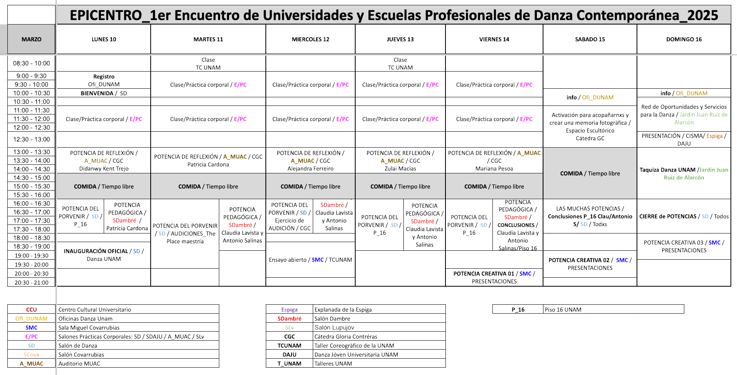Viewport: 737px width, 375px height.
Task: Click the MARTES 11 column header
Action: click(208, 39)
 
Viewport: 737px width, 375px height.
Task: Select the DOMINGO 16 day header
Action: click(684, 39)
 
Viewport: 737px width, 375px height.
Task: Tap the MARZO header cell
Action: click(31, 39)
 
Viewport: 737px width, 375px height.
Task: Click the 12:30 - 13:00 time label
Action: click(31, 139)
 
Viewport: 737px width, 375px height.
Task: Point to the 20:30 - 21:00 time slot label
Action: click(31, 283)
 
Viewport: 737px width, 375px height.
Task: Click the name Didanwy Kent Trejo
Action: click(104, 168)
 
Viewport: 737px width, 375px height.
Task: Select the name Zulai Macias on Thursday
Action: click(400, 168)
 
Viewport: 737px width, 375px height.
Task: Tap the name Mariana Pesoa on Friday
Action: click(494, 168)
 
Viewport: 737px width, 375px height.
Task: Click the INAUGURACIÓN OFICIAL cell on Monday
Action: click(104, 255)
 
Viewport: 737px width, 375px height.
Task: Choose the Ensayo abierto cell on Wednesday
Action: click(310, 260)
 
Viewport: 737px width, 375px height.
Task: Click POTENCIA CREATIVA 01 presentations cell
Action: click(494, 277)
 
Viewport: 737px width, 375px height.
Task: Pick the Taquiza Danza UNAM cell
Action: click(684, 173)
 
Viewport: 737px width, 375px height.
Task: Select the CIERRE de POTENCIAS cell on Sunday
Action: click(684, 216)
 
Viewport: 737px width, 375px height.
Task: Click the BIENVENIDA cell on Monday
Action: click(104, 93)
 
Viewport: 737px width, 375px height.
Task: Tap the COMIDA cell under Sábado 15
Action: click(590, 173)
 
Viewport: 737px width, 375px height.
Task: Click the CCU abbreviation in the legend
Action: click(31, 310)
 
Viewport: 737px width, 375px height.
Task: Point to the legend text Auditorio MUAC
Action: click(79, 364)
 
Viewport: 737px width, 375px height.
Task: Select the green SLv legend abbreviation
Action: click(289, 328)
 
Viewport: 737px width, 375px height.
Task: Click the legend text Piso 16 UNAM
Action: click(563, 310)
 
